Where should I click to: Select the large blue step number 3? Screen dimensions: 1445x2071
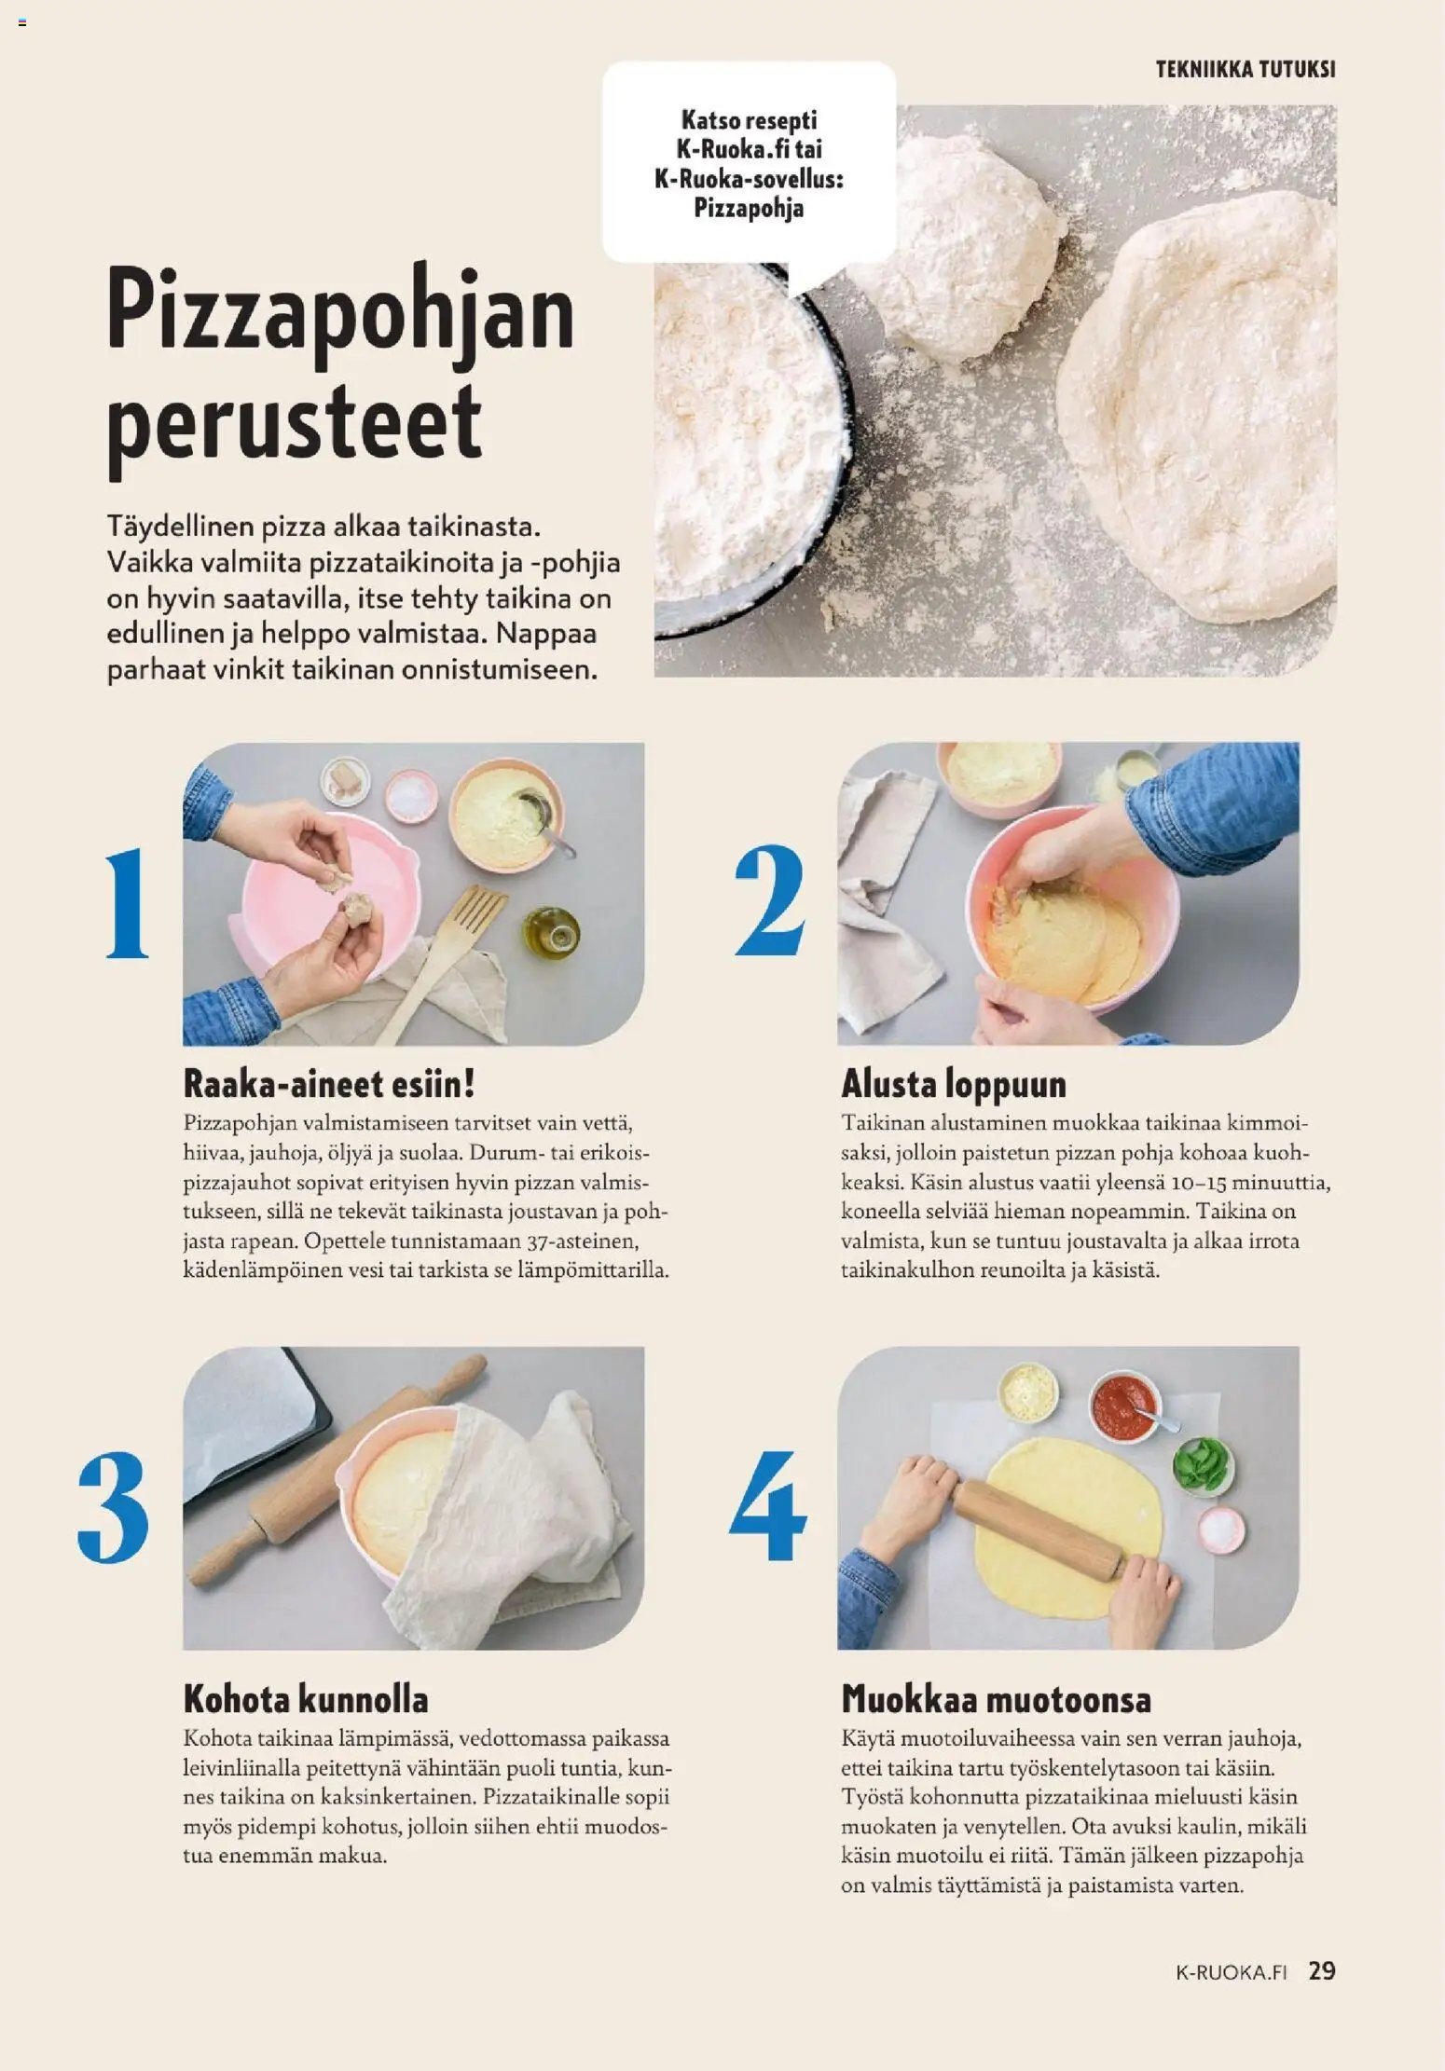point(113,1507)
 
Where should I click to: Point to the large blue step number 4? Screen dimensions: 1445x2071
point(768,1506)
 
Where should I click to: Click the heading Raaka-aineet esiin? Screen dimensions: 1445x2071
point(329,1084)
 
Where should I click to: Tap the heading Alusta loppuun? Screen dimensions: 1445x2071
point(954,1084)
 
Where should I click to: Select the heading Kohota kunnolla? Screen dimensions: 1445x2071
point(306,1698)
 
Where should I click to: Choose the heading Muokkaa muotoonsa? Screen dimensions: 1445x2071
point(996,1698)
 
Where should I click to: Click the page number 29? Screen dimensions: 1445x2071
point(1322,1970)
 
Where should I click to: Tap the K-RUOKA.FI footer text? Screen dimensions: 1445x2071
point(1232,1972)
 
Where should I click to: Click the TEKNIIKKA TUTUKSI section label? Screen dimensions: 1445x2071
point(1245,69)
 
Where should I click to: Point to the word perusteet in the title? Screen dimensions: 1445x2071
point(295,424)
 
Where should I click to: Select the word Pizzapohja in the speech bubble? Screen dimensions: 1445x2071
point(749,208)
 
